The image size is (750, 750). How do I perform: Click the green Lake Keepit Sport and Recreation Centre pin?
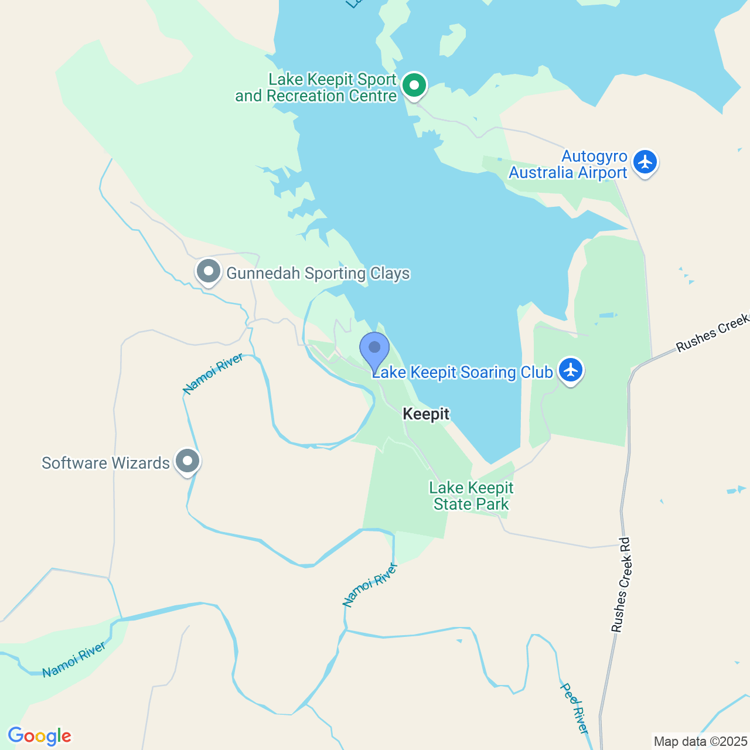pos(414,86)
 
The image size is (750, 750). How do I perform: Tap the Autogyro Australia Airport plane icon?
pos(645,162)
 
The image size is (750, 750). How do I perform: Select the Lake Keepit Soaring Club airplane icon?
pos(570,370)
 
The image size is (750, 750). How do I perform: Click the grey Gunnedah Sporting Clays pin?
pos(208,272)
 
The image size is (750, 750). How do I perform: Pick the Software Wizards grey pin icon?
pos(187,462)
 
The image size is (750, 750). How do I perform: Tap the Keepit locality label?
pos(426,414)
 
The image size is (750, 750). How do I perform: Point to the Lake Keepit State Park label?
pos(471,496)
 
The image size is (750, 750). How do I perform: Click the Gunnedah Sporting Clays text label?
pos(318,274)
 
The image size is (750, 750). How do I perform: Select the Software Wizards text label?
pos(105,463)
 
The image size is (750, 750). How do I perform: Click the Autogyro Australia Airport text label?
pos(568,165)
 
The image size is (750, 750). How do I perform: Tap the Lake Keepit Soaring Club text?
pos(463,373)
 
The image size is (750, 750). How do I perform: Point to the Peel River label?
pos(575,708)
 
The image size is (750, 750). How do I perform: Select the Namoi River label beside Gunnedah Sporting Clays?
pos(213,374)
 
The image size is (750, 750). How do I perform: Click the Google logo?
pos(39,736)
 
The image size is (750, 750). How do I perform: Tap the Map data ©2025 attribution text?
pos(700,741)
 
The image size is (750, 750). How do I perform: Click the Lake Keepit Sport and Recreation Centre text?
pos(316,88)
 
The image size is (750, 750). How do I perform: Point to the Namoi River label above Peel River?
pos(370,584)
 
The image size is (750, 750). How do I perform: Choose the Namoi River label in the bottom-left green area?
pos(74,659)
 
